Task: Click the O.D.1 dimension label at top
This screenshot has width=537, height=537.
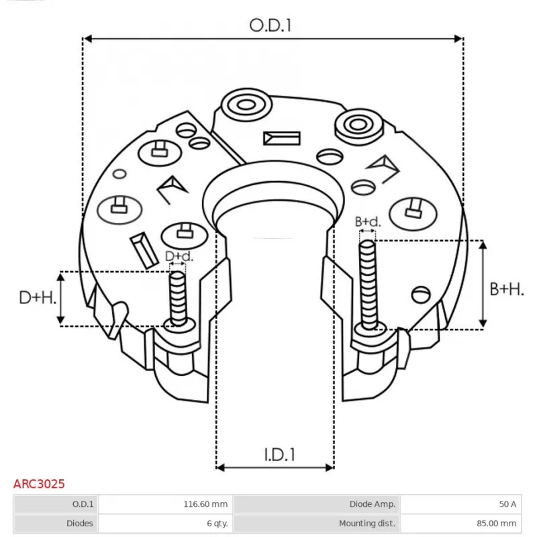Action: click(x=272, y=26)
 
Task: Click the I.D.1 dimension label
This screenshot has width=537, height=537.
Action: click(x=278, y=454)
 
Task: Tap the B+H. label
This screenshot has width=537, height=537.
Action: click(x=506, y=289)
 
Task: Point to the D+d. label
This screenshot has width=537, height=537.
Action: click(x=179, y=256)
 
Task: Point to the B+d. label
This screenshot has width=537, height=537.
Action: click(x=367, y=222)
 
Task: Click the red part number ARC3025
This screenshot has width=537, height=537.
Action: click(x=39, y=483)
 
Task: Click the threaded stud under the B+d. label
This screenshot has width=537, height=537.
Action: click(x=367, y=285)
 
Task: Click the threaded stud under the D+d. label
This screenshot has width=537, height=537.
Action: click(x=178, y=299)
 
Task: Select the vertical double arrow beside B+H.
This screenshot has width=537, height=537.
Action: click(x=483, y=285)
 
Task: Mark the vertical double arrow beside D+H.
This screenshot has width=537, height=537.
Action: click(x=62, y=298)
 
